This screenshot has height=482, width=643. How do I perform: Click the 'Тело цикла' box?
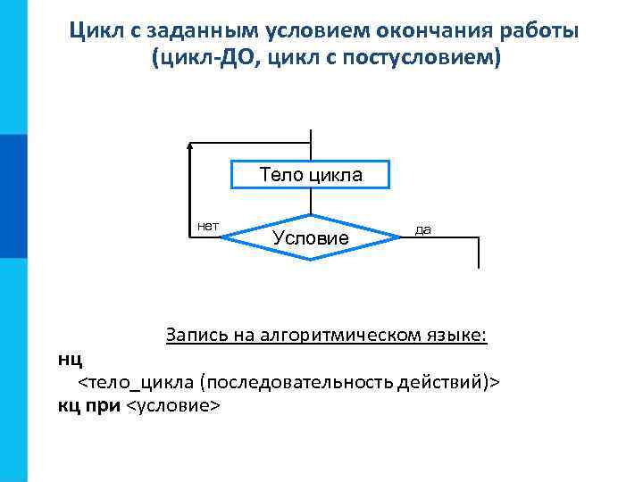(x=311, y=175)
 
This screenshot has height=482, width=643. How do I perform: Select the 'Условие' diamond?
(x=310, y=237)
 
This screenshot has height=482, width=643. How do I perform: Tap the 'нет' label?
(x=208, y=226)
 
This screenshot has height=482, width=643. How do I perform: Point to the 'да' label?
(x=423, y=229)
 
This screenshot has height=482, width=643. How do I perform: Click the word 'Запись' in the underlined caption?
(x=195, y=335)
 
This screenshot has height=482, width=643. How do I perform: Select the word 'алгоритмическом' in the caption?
(x=335, y=335)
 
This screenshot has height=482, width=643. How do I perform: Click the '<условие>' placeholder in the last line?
(x=172, y=406)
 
